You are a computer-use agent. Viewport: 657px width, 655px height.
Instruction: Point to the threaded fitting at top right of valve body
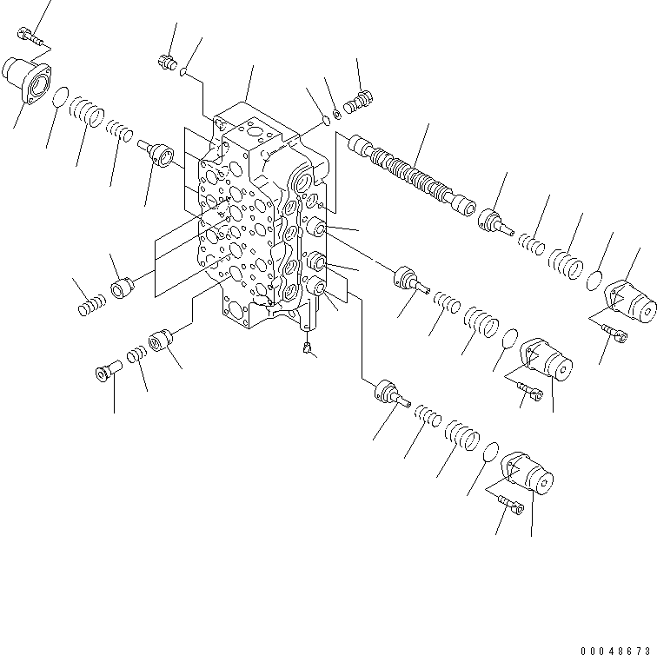click(357, 103)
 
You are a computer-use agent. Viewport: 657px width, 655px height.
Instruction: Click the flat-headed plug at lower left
click(103, 373)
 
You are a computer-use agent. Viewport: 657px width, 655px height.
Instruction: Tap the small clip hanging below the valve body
click(306, 348)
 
